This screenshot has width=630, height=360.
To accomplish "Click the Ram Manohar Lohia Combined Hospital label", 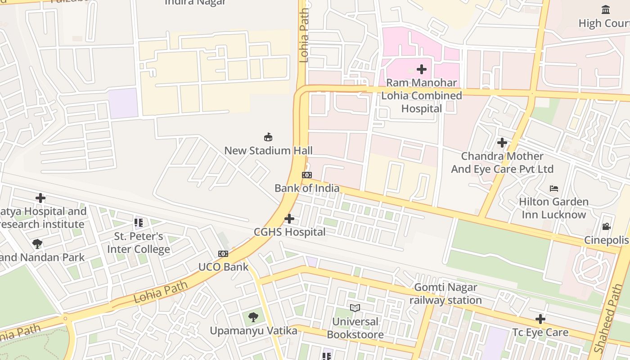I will pos(422,95).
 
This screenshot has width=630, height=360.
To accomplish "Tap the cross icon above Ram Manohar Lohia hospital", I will pos(422,69).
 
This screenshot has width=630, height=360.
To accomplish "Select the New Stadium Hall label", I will pos(268,151).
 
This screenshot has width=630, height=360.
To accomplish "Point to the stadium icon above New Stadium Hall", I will pos(268,137).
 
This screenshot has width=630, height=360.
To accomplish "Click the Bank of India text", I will pos(307,188).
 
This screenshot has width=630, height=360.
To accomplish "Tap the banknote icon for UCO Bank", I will pos(223,254).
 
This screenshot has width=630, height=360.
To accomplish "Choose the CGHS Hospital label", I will pos(289,232).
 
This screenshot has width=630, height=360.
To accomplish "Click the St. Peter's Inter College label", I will pos(139,243).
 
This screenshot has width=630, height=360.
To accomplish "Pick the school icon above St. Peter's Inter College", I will pos(139,222).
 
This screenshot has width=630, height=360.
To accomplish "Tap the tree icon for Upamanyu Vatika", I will pos(253,317).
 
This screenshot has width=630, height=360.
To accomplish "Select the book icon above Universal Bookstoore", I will pos(355,308).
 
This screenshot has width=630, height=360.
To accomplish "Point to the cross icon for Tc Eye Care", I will pos(540,319).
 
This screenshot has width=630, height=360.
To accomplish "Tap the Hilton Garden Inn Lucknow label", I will pos(554,208).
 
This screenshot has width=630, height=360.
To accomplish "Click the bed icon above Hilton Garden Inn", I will pos(554,188).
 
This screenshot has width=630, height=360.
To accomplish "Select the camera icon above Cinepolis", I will pos(606,226).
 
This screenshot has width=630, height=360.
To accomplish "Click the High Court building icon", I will pos(606,9).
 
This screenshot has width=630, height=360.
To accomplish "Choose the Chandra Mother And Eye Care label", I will pos(502,162).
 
